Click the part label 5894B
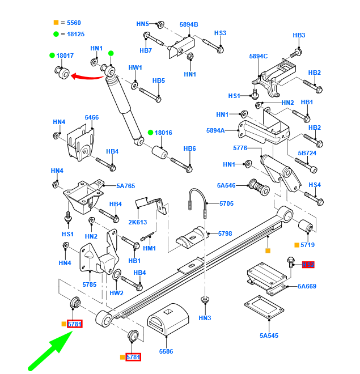click(x=189, y=24)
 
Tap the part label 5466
click(x=92, y=118)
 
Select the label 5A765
click(x=126, y=186)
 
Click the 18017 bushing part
click(x=62, y=73)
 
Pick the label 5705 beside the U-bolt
click(x=226, y=203)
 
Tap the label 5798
click(x=225, y=233)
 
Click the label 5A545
click(x=269, y=335)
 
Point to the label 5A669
click(x=307, y=286)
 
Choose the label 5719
click(x=307, y=245)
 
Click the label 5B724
click(x=307, y=154)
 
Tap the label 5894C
click(x=258, y=56)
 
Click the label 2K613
click(x=137, y=223)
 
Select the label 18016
click(x=163, y=133)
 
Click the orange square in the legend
click(x=56, y=23)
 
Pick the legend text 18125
click(x=75, y=34)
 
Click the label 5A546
click(x=226, y=185)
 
